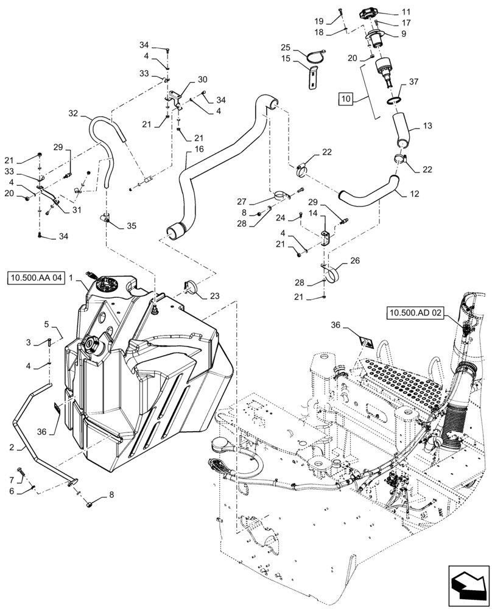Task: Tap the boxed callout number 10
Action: click(346, 99)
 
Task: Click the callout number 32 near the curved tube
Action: click(73, 113)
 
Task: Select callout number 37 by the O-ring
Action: click(413, 82)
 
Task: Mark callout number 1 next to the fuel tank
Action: click(71, 277)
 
